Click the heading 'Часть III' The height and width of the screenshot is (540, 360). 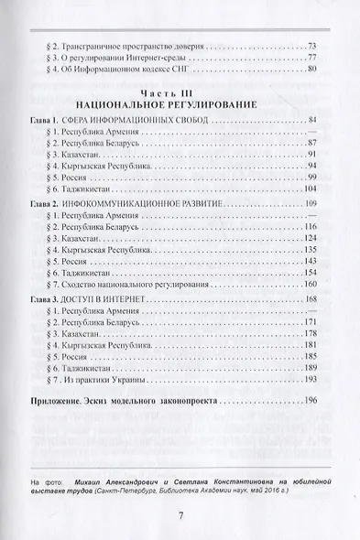pos(179,93)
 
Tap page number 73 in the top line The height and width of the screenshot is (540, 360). pos(312,45)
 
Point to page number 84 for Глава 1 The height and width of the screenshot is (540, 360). pos(312,121)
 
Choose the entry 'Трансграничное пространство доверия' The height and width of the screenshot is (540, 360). pos(123,46)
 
